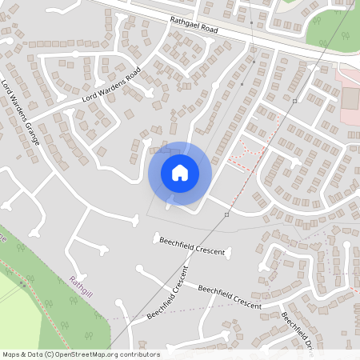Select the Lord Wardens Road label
point(111,86)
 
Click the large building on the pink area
point(351,98)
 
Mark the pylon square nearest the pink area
point(294,102)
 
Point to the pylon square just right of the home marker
point(227,215)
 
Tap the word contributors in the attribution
point(136,354)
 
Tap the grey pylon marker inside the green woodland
point(22,283)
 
